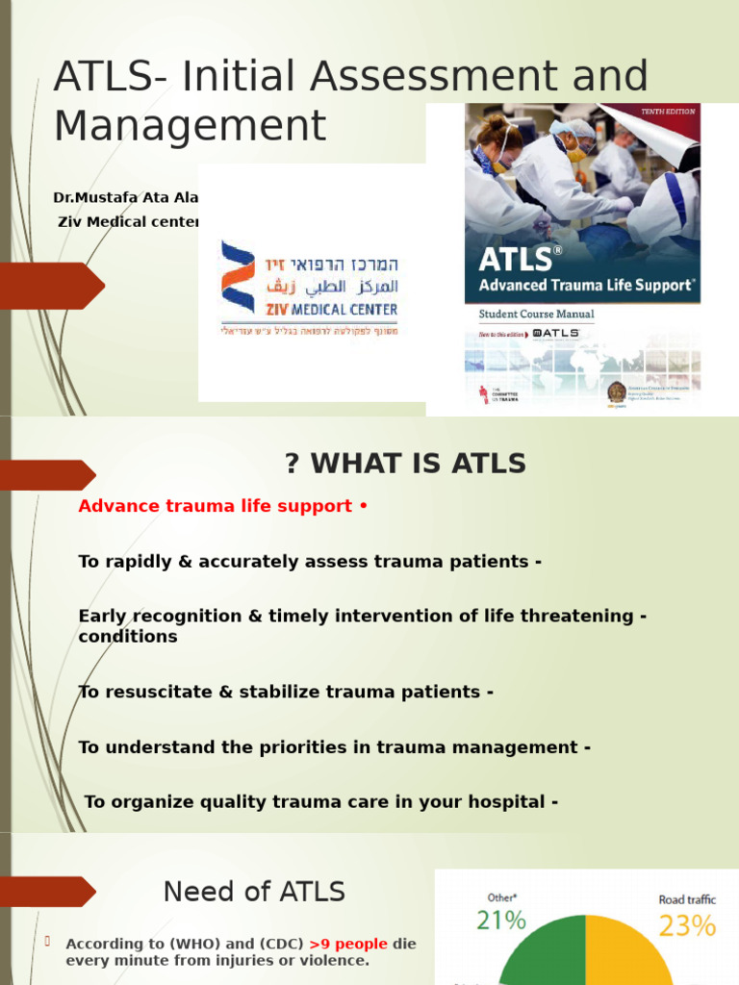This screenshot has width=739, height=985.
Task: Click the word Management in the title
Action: coord(190,126)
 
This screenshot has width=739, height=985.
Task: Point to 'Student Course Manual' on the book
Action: coord(536,314)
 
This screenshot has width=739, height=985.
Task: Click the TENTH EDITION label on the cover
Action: coord(669,112)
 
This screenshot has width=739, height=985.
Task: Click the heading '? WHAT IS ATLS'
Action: coord(405,464)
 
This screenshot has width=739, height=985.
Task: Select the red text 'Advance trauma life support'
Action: coord(215,506)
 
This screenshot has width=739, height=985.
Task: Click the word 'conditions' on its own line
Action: coord(128,637)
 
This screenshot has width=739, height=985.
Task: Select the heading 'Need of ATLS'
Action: coord(254,892)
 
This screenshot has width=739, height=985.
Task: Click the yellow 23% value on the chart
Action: coord(686,925)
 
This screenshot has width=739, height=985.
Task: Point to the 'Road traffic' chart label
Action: coord(686,899)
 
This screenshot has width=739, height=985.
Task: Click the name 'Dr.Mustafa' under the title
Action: coord(90,198)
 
